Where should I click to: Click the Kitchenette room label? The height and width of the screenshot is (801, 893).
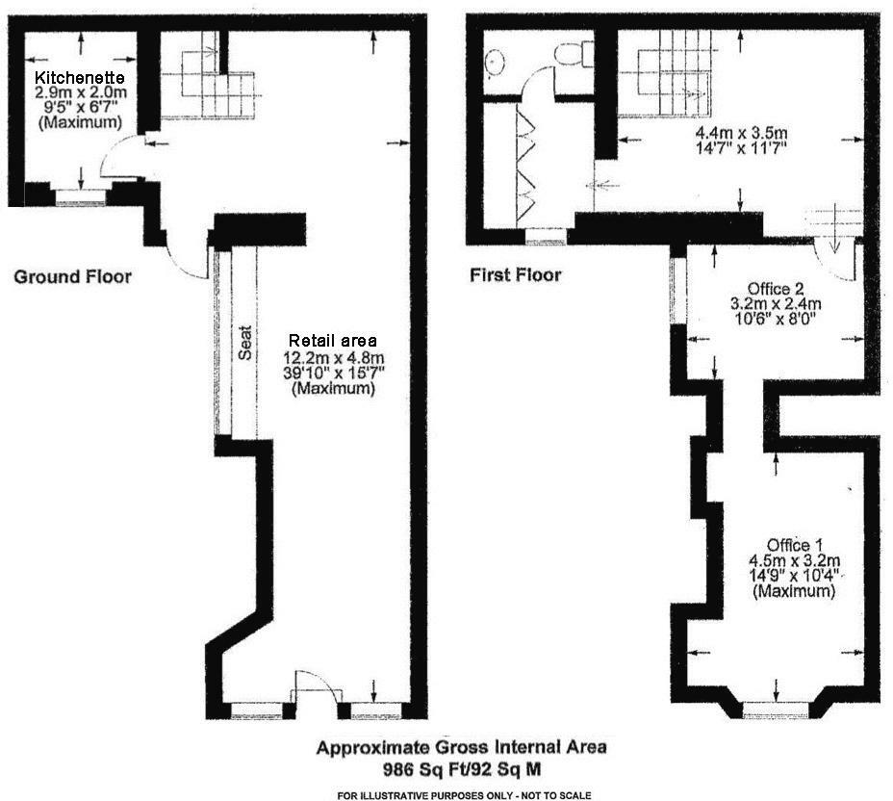coord(80,77)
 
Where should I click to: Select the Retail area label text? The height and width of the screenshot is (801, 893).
coord(333,341)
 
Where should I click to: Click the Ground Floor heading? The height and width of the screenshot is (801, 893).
coord(72,277)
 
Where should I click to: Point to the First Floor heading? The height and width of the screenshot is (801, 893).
coord(515,275)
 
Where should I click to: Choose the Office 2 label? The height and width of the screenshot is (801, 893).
coord(776,288)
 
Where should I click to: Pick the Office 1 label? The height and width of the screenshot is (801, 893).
coord(795,544)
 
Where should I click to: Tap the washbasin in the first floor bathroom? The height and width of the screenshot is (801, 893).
coord(498,64)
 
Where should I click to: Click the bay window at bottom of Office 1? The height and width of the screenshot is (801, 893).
coord(776,710)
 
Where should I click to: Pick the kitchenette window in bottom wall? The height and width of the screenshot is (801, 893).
coord(80,197)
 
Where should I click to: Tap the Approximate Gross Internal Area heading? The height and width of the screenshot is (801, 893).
coord(462,748)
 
